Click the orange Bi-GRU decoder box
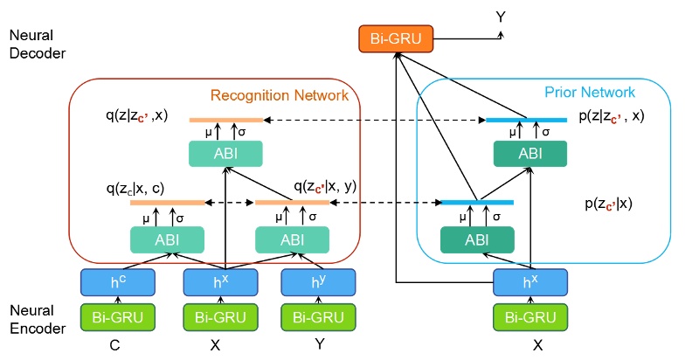396,38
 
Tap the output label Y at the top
501,17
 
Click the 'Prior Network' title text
589,92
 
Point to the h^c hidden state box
118,281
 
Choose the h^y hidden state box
317,281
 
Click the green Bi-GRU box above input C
118,316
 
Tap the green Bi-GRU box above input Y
317,316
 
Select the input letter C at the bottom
114,345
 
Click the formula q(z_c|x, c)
135,187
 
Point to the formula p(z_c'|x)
609,204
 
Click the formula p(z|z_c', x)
612,115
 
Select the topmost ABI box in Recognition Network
225,155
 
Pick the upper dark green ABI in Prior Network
529,154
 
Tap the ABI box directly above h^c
167,239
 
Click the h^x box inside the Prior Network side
530,281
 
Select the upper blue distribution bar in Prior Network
526,120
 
